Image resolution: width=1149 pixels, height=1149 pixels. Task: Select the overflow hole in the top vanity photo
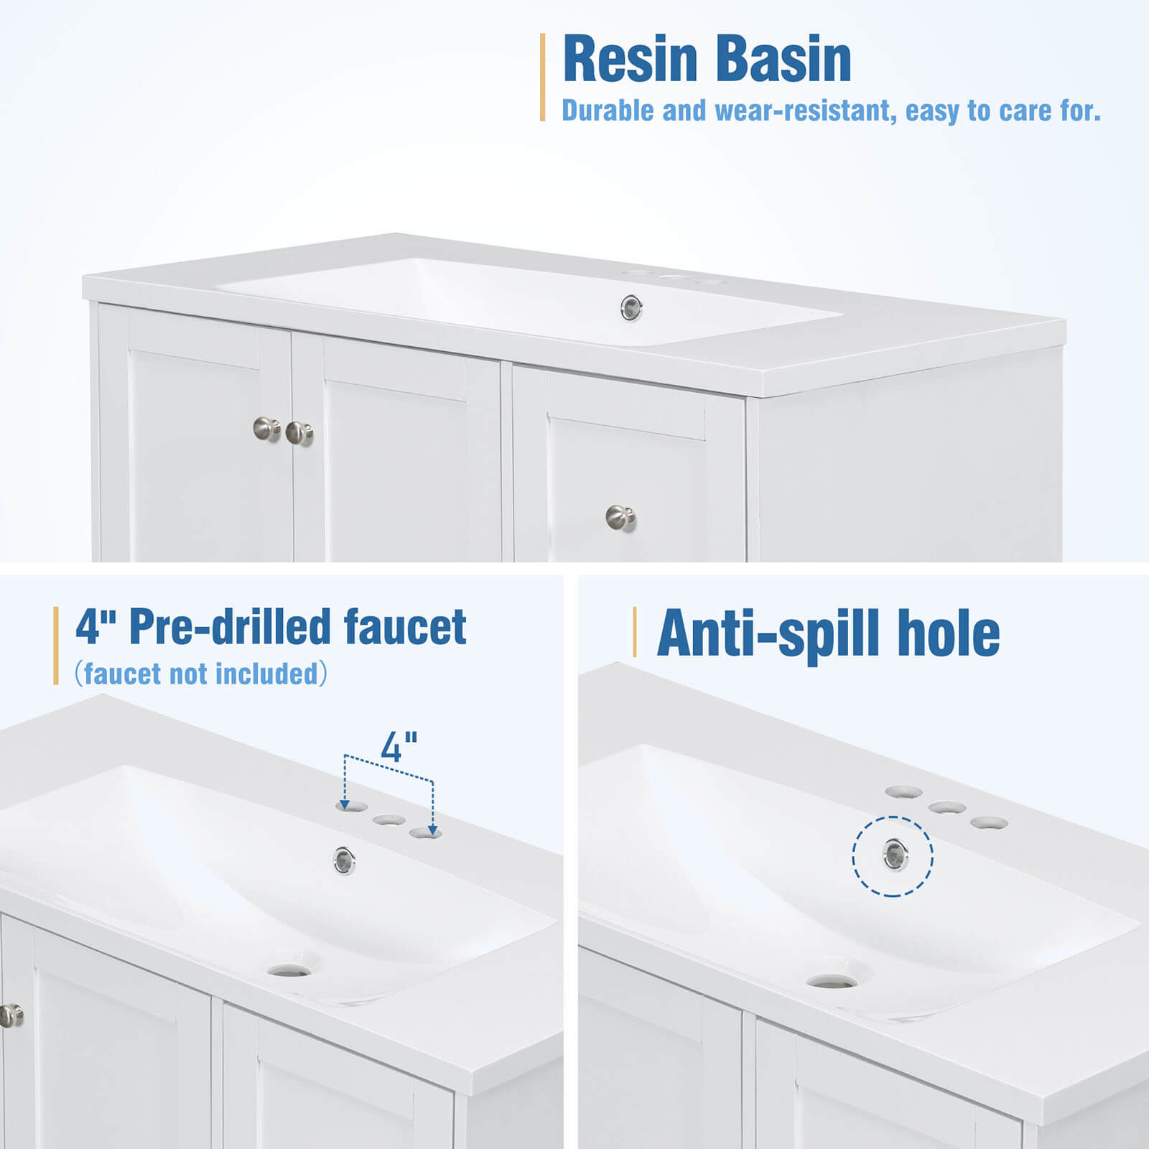tap(631, 308)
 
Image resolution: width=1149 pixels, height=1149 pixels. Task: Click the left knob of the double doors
tap(266, 429)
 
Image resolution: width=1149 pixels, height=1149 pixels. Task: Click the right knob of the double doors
tap(298, 433)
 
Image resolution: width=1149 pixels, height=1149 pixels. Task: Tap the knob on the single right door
tap(620, 517)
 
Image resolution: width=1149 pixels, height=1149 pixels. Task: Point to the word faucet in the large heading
tap(405, 627)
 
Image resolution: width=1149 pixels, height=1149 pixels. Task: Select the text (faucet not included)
tap(201, 674)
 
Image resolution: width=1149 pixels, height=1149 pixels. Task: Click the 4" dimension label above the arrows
tap(399, 748)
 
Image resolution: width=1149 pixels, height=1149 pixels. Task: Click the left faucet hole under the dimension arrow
tap(351, 806)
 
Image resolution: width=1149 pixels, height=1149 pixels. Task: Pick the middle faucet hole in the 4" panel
tap(389, 819)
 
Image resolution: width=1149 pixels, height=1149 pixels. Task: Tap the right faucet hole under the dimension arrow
tap(425, 833)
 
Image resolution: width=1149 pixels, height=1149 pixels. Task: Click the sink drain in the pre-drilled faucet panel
tap(290, 971)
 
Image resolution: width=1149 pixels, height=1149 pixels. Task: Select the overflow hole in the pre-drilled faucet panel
tap(344, 860)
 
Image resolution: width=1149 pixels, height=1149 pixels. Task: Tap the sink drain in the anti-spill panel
tap(831, 981)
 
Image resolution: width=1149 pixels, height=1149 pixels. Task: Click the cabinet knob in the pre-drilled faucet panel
tap(11, 1015)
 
